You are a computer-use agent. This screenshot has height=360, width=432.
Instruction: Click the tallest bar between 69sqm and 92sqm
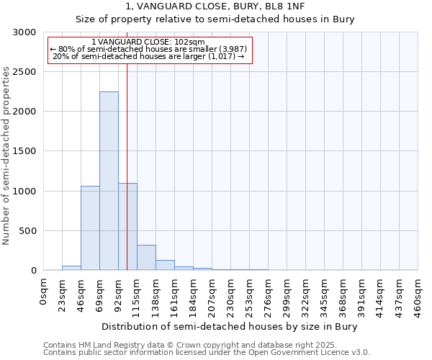tap(109, 181)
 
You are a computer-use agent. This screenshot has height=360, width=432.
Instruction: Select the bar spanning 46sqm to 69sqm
tap(90, 228)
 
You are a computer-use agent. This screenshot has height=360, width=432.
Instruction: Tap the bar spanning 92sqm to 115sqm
tap(127, 226)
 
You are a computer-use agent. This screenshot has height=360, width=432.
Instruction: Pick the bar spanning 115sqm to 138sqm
tap(146, 257)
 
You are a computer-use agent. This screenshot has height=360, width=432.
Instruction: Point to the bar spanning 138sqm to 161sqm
tap(165, 265)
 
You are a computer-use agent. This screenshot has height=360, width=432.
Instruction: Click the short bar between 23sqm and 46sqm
tap(71, 268)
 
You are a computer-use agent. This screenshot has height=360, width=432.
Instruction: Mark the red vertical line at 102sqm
tap(127, 144)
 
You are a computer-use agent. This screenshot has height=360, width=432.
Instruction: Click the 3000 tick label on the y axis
tap(24, 32)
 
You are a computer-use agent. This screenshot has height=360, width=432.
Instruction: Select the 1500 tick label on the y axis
tap(24, 152)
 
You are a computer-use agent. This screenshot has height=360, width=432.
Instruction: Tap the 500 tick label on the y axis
tap(27, 231)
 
